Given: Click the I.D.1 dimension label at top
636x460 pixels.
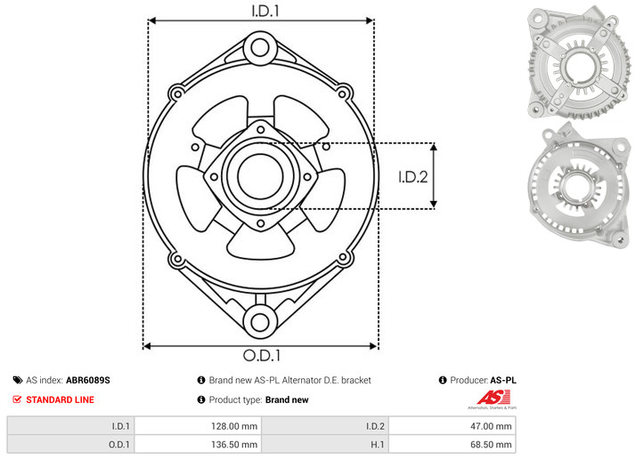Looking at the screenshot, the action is click(265, 11).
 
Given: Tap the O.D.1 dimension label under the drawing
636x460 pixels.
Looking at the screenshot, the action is click(262, 355).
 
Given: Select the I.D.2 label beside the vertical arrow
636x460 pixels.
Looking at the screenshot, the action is click(413, 177).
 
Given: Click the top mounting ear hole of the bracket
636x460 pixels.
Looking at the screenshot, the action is click(260, 48).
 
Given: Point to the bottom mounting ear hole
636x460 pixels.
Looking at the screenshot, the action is click(260, 322).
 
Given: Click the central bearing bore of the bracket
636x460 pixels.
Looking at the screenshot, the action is click(260, 176).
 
